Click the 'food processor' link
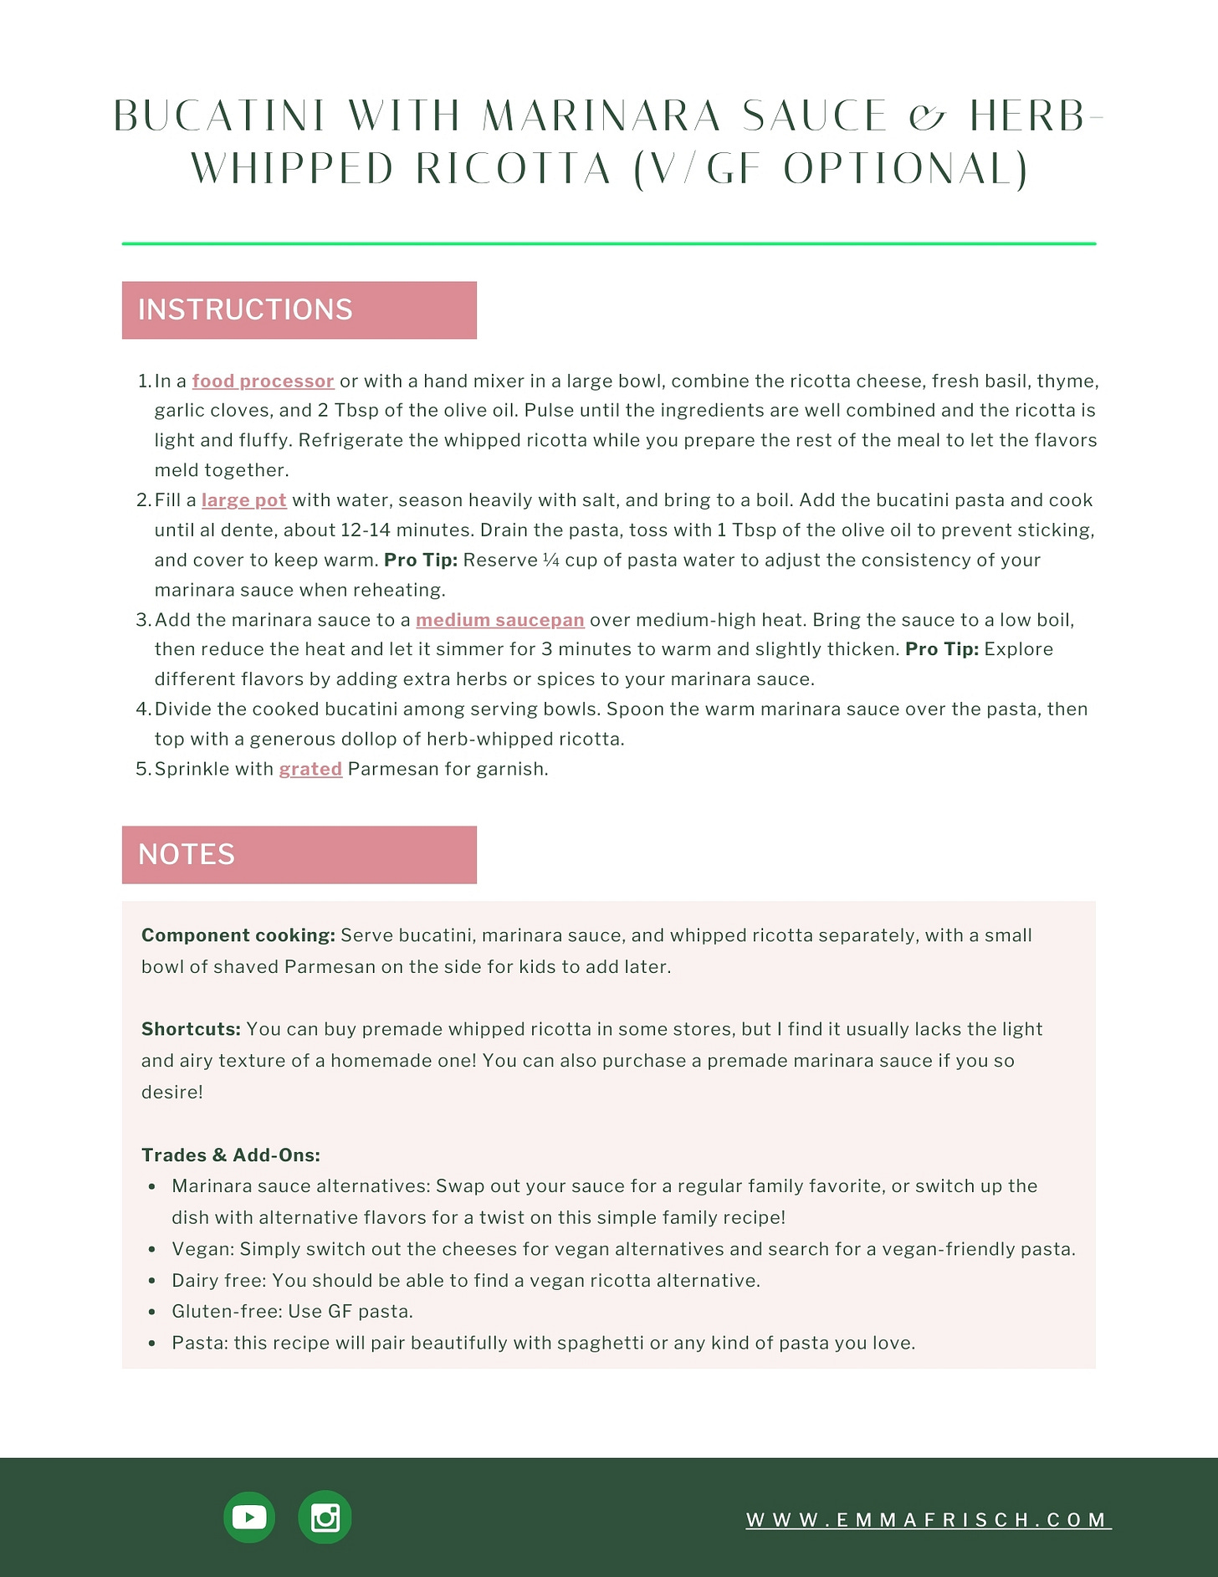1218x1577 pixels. click(263, 381)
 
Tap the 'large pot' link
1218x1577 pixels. click(243, 500)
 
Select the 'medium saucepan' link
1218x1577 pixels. click(499, 620)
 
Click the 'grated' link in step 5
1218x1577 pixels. click(310, 769)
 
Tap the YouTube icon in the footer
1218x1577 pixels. click(249, 1517)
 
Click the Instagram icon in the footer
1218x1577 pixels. click(325, 1517)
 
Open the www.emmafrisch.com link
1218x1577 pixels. click(928, 1519)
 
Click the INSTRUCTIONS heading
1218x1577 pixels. click(245, 310)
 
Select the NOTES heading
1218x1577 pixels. click(187, 854)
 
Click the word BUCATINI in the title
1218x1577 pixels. click(219, 116)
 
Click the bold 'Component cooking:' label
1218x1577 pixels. click(238, 935)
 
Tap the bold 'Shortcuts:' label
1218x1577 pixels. click(191, 1029)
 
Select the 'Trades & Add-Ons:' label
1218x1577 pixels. click(231, 1155)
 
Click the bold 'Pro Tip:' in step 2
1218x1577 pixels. click(420, 561)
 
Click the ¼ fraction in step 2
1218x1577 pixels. click(550, 561)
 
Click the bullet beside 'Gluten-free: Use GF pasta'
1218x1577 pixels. click(152, 1312)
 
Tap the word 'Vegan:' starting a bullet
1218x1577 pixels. click(203, 1249)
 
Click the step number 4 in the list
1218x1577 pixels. click(142, 709)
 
